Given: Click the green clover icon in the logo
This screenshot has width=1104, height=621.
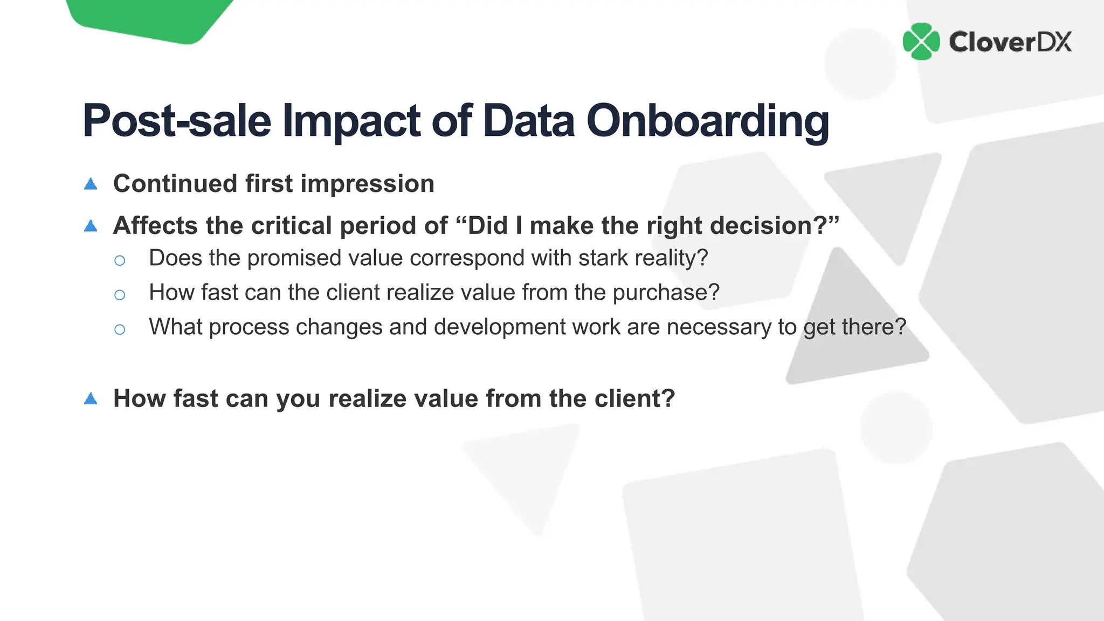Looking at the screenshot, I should pos(921,42).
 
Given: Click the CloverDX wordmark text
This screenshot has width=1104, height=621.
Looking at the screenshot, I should pos(1010,42).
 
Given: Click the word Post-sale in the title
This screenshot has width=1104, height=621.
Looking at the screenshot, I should pos(177,121).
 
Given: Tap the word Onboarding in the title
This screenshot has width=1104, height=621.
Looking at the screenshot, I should pos(707,121).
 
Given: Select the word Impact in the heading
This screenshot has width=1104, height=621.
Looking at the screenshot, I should pos(351,121).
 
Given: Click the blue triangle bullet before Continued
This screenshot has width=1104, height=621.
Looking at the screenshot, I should pos(91,184).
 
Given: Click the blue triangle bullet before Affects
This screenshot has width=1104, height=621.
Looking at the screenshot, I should pos(91,226).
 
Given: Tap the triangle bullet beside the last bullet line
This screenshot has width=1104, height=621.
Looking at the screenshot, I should pos(91,399).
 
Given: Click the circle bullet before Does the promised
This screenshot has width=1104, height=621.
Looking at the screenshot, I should pos(120,261).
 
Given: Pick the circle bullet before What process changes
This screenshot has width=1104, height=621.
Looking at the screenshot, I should pos(120,329).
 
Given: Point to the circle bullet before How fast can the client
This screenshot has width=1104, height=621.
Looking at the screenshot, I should pos(120,295).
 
